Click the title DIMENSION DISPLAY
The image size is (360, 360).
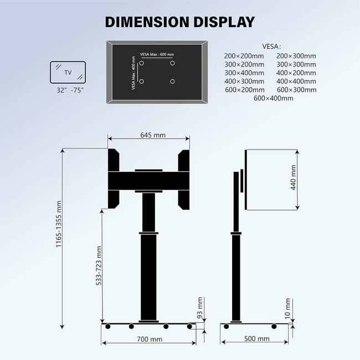[x=180, y=22]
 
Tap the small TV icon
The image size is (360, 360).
[x=68, y=73]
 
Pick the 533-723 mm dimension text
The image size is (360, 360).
[x=99, y=266]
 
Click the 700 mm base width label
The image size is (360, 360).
[x=149, y=339]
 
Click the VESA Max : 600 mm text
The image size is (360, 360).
[x=157, y=54]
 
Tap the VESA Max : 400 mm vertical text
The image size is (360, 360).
[x=133, y=73]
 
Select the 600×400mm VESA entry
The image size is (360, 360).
[x=274, y=98]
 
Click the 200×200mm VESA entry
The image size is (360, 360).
[x=244, y=56]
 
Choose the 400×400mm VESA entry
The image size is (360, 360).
[x=296, y=81]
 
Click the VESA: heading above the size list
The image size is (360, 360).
[x=272, y=46]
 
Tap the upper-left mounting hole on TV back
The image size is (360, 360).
[x=142, y=63]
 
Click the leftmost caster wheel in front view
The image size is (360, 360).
[x=108, y=327]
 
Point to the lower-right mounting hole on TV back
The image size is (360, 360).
[x=173, y=81]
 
